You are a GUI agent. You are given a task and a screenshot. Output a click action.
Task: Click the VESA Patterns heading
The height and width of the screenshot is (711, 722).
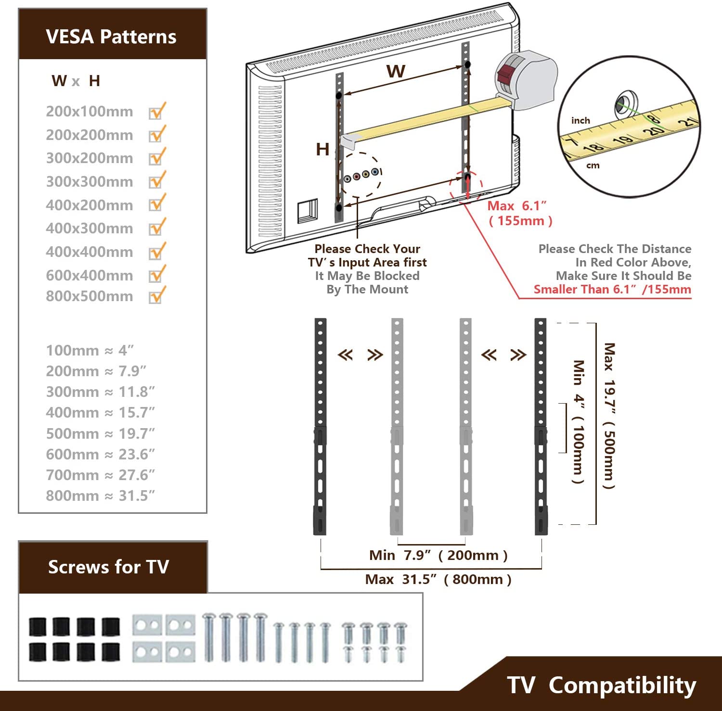click(x=111, y=37)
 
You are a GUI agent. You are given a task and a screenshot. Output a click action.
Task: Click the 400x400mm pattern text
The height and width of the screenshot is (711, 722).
click(x=90, y=252)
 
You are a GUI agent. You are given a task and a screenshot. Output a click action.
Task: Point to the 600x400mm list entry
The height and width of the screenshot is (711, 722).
click(x=90, y=276)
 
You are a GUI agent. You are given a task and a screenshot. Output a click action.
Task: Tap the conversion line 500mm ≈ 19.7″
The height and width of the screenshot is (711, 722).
click(x=100, y=433)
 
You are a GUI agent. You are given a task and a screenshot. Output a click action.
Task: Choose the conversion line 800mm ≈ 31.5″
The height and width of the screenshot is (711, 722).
click(x=100, y=495)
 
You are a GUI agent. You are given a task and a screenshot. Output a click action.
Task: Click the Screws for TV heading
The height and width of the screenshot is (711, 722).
click(x=109, y=567)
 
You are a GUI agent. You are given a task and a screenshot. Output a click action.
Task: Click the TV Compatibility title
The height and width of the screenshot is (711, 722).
click(x=602, y=685)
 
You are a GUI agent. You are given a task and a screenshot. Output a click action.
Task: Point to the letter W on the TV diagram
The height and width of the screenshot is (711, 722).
click(x=396, y=72)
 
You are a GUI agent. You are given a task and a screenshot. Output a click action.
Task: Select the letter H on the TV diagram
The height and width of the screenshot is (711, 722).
click(x=322, y=150)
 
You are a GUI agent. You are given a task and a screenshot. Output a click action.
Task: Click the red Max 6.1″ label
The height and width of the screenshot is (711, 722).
click(x=517, y=206)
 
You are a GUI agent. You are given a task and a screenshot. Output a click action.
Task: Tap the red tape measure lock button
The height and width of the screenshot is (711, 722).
click(x=505, y=75)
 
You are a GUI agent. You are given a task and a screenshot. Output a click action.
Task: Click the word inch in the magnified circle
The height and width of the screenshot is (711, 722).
click(x=580, y=120)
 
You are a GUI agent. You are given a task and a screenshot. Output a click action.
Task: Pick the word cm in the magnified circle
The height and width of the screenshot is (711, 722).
click(x=593, y=165)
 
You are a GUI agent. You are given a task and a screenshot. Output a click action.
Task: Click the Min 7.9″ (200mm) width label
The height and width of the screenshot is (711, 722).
click(x=438, y=555)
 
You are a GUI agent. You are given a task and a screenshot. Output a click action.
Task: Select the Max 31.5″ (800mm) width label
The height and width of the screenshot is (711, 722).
click(x=438, y=579)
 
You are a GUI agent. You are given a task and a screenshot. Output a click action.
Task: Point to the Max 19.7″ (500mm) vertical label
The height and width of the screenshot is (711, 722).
click(x=609, y=416)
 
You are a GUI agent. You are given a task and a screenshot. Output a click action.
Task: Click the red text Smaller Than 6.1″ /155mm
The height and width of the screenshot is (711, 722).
click(x=612, y=290)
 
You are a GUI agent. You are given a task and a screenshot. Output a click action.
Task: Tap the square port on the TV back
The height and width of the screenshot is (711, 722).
click(x=307, y=211)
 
